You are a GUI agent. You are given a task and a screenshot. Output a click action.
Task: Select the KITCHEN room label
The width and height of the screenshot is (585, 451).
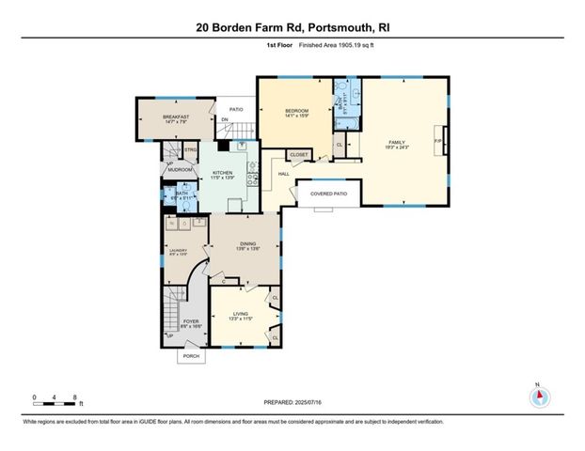click(222, 174)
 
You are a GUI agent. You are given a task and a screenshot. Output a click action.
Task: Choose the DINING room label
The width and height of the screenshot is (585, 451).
click(246, 245)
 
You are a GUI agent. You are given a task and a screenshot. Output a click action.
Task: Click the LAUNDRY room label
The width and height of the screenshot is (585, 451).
click(178, 250)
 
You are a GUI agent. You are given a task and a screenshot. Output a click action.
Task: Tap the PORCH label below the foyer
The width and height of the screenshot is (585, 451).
click(192, 357)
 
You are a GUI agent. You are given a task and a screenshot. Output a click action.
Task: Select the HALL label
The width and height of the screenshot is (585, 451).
click(283, 174)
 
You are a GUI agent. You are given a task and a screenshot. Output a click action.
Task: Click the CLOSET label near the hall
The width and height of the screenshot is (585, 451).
click(299, 154)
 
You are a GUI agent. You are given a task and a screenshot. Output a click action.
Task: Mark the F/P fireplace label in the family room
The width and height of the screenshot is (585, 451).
click(437, 142)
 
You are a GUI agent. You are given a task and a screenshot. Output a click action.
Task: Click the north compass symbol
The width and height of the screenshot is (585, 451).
click(539, 396)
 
